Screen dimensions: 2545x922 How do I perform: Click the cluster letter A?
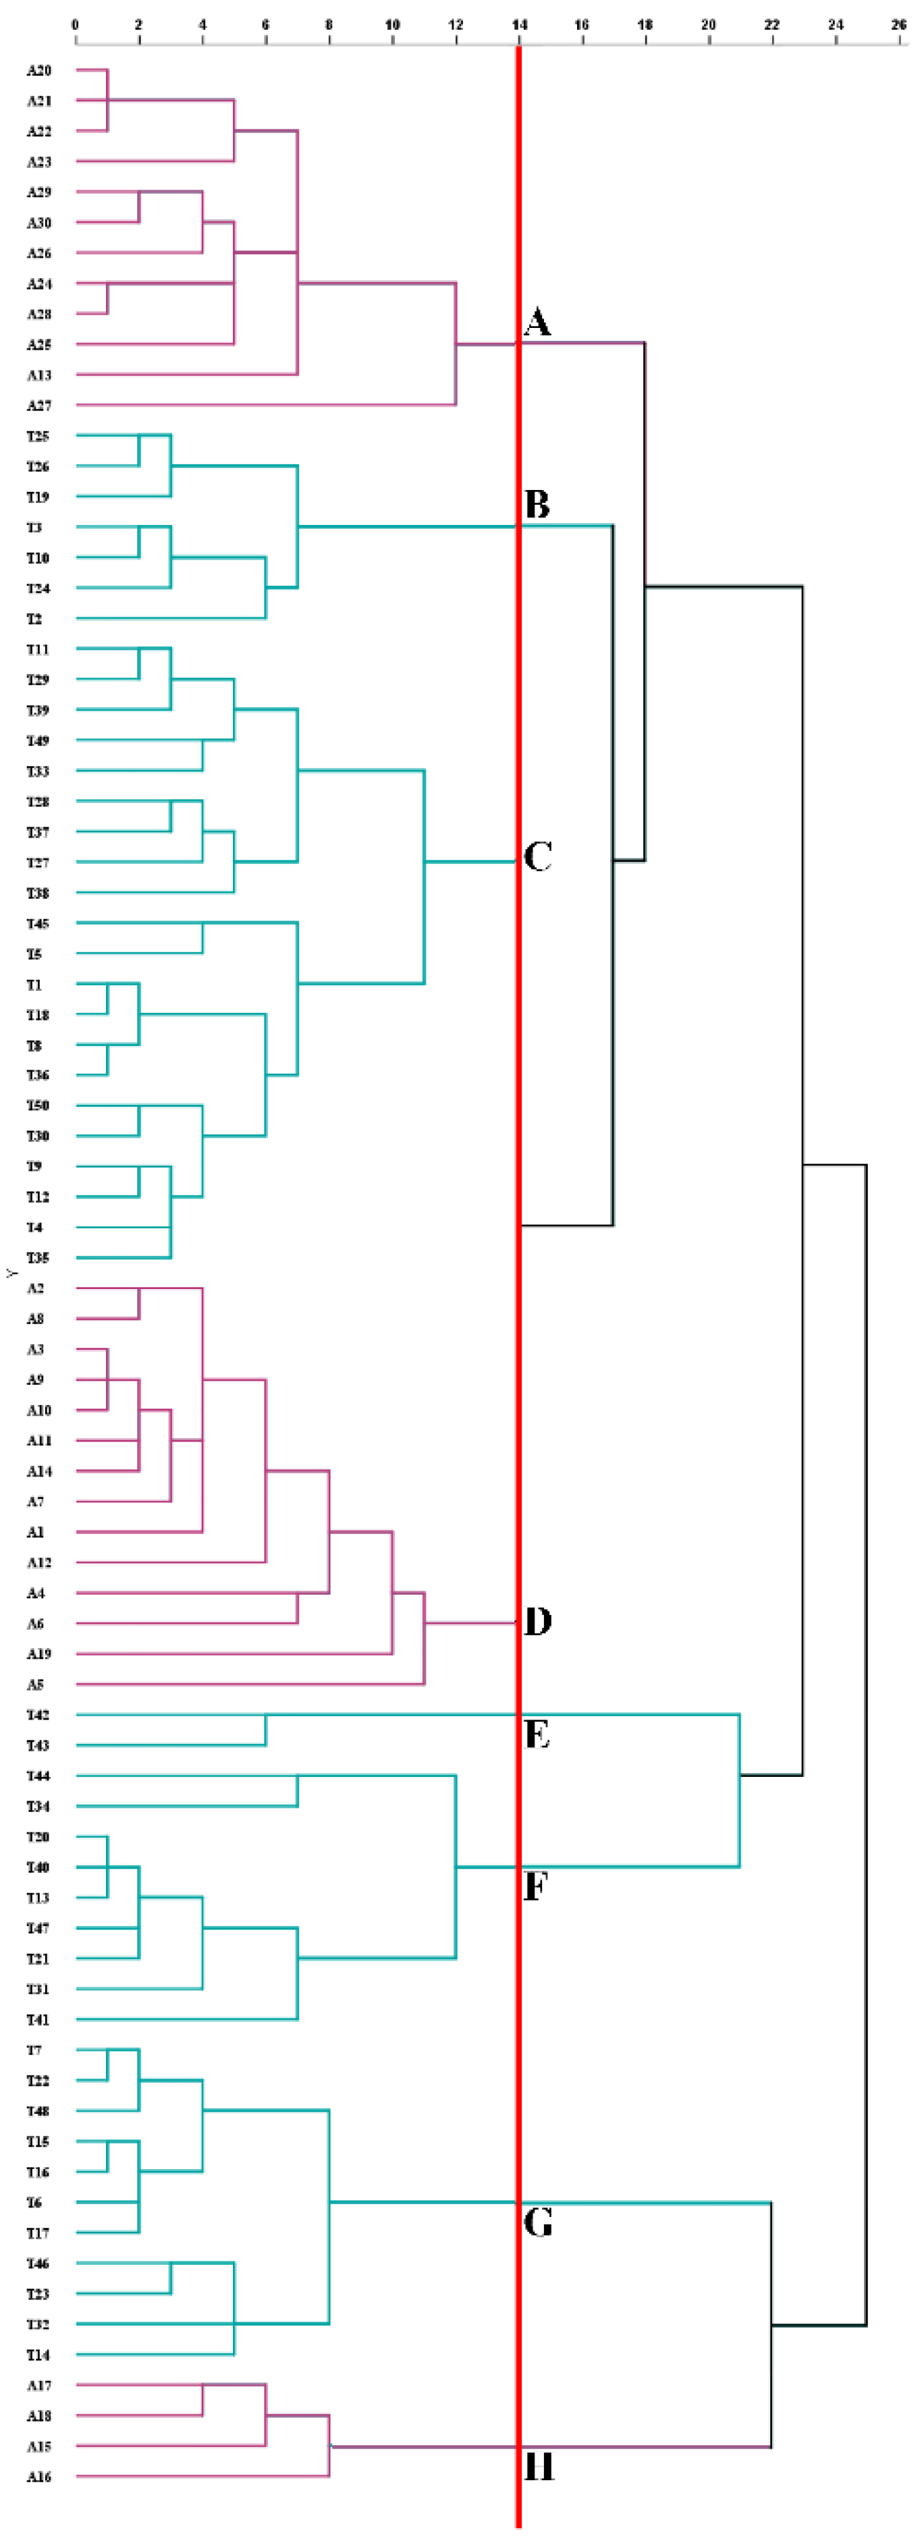point(537,322)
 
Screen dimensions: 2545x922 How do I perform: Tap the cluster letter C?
point(537,856)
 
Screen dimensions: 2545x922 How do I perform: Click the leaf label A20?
point(38,71)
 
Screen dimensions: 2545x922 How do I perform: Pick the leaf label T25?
point(38,437)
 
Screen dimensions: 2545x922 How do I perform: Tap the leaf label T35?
point(38,1258)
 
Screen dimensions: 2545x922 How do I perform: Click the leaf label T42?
point(38,1715)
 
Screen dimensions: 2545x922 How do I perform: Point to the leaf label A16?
point(38,2477)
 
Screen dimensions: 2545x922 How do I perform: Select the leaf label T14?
point(38,2355)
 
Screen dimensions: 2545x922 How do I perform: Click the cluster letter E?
point(537,1735)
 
